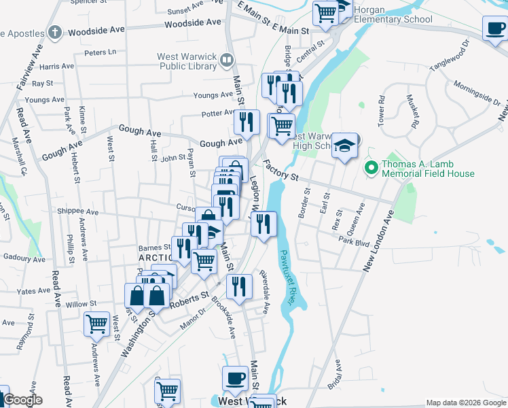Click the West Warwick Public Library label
pos(186,61)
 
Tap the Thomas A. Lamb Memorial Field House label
pos(428,169)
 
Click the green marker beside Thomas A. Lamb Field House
pos(371,167)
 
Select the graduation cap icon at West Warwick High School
pos(345,146)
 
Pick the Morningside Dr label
pos(478,95)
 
